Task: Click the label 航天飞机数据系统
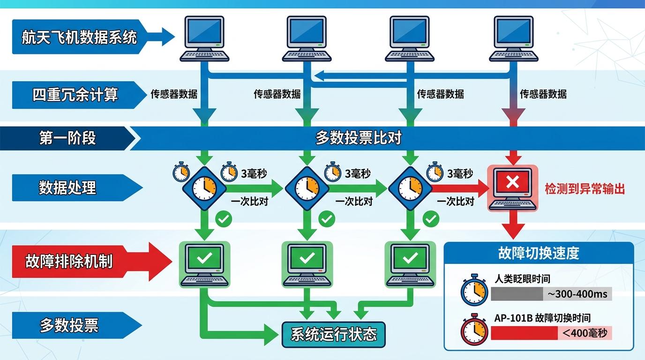pyautogui.click(x=79, y=37)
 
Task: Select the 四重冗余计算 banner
pyautogui.click(x=75, y=95)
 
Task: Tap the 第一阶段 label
pyautogui.click(x=67, y=138)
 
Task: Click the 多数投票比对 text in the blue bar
pyautogui.click(x=358, y=138)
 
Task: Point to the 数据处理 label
pyautogui.click(x=67, y=187)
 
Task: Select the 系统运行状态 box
pyautogui.click(x=333, y=335)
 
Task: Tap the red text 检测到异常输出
pyautogui.click(x=585, y=189)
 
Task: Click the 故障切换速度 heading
pyautogui.click(x=539, y=253)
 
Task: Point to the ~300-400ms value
pyautogui.click(x=577, y=294)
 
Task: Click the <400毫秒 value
pyautogui.click(x=584, y=333)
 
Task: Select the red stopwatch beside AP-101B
pyautogui.click(x=474, y=329)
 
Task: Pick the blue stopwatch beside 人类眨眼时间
pyautogui.click(x=474, y=290)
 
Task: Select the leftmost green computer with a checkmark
pyautogui.click(x=205, y=264)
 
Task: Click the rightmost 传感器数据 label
pyautogui.click(x=543, y=94)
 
